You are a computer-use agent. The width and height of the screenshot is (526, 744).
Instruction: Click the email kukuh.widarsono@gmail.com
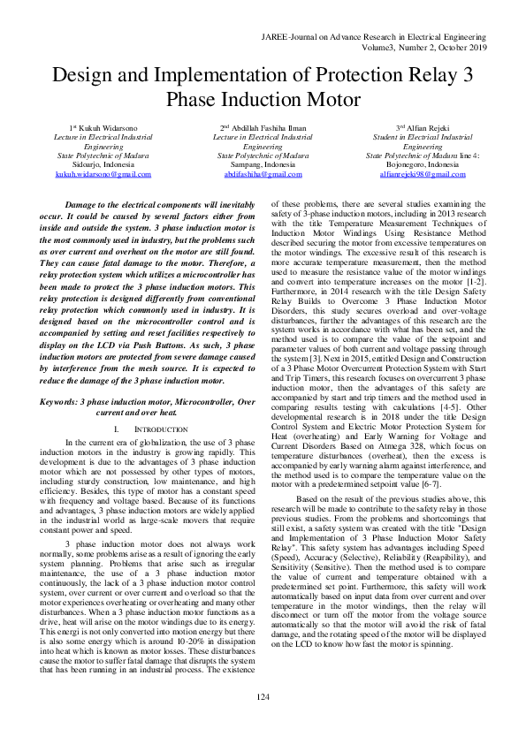[x=103, y=174]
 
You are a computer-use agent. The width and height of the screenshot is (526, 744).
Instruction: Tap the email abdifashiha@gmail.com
[x=263, y=174]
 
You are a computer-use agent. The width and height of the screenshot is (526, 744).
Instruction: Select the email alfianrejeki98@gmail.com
[x=423, y=174]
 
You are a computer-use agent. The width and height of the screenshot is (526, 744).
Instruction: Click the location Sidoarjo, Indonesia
[x=103, y=165]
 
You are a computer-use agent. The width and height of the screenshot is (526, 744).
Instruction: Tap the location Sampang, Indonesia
[x=263, y=165]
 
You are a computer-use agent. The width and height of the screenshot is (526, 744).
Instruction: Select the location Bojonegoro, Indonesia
[x=423, y=165]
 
